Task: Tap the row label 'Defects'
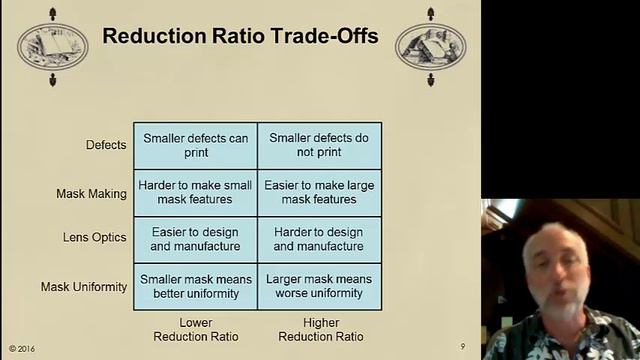(106, 145)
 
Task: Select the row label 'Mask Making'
(91, 192)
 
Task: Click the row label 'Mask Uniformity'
(84, 287)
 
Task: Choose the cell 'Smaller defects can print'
(196, 145)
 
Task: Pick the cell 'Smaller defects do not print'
(319, 145)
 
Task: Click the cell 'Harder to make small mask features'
(196, 192)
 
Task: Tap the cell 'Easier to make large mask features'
(319, 192)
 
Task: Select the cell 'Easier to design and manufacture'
(196, 239)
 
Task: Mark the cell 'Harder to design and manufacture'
(319, 239)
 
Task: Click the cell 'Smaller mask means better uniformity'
(196, 286)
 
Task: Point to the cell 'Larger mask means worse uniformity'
(319, 286)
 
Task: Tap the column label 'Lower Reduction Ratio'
(196, 329)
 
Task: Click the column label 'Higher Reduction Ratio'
(319, 329)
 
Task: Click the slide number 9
(462, 346)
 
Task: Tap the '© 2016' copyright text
(22, 348)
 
